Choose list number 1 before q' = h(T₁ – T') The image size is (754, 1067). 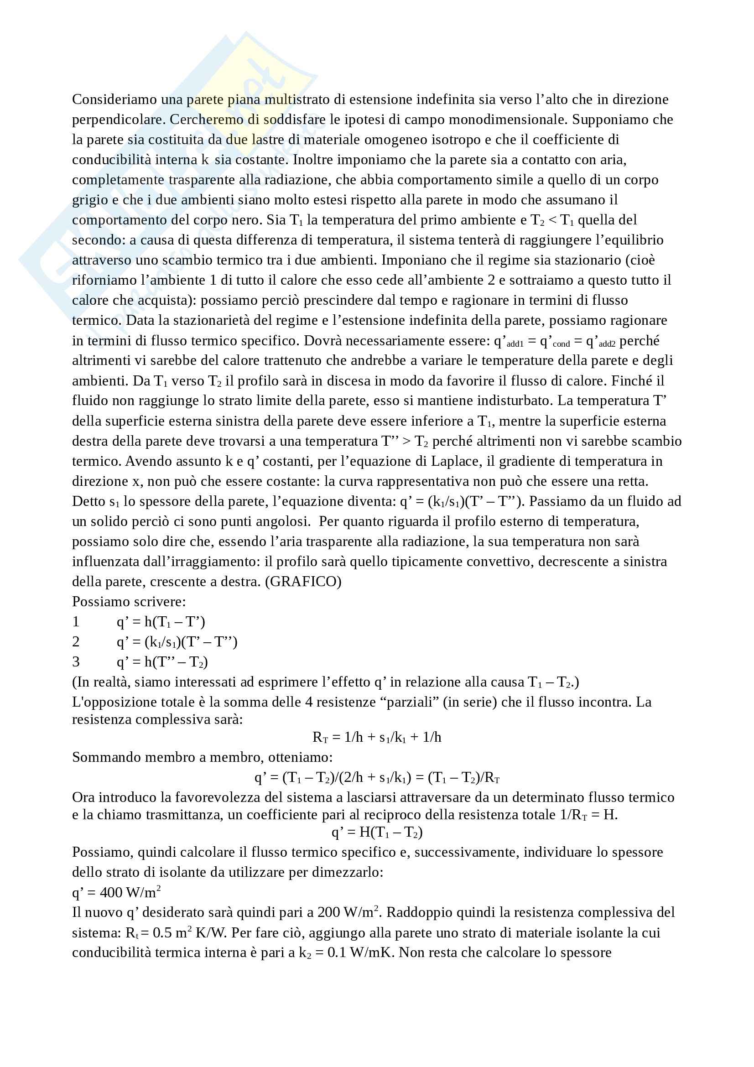tap(76, 622)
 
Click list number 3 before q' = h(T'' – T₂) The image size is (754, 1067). tap(76, 662)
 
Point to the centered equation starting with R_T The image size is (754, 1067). tap(377, 737)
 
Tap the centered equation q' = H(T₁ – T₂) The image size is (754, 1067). tap(377, 833)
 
